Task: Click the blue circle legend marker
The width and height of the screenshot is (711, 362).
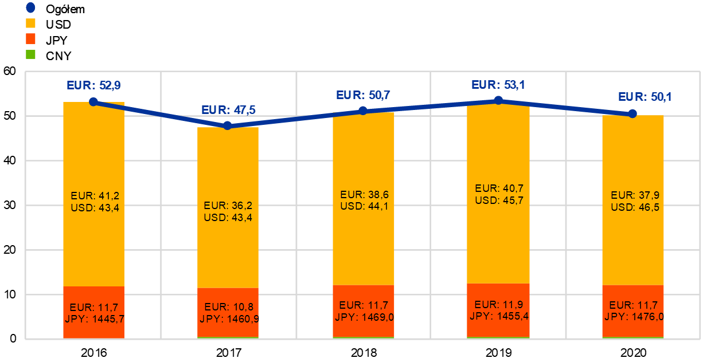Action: [x=30, y=8]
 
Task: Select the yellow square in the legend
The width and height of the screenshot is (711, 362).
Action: [x=30, y=23]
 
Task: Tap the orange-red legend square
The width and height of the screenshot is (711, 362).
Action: [x=30, y=39]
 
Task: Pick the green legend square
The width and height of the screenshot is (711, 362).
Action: [x=30, y=54]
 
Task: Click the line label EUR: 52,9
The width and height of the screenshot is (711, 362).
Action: [x=93, y=85]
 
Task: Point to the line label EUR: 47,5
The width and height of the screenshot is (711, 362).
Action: [x=228, y=110]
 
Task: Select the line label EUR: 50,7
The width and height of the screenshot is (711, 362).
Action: [x=363, y=95]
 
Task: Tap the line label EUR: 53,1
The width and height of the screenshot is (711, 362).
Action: [x=498, y=85]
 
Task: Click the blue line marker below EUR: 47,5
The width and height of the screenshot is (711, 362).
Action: [x=228, y=125]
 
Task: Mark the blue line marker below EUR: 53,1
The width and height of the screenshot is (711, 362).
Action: [x=498, y=100]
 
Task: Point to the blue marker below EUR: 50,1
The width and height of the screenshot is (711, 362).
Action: [x=632, y=113]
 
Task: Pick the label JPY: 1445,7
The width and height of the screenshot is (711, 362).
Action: [x=95, y=318]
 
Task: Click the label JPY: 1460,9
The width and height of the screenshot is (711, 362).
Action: [x=229, y=318]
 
